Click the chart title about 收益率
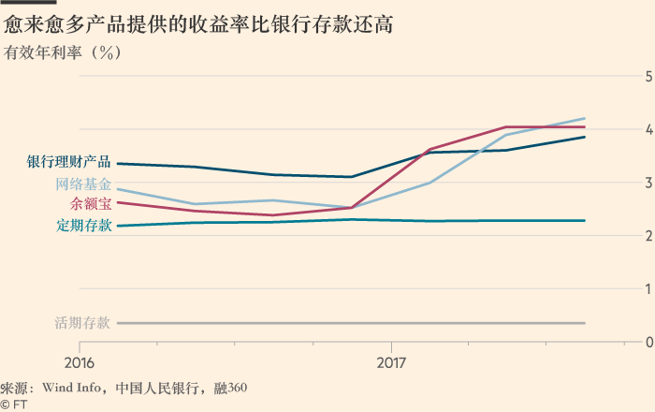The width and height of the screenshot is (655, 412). pyautogui.click(x=198, y=25)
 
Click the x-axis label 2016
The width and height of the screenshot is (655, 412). pyautogui.click(x=80, y=362)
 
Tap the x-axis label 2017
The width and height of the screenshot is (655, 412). pyautogui.click(x=391, y=362)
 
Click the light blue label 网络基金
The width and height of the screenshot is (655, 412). pyautogui.click(x=83, y=184)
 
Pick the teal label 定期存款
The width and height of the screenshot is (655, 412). pyautogui.click(x=83, y=225)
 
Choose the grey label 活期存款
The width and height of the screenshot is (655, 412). pyautogui.click(x=83, y=323)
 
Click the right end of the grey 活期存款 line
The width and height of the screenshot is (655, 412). pyautogui.click(x=585, y=323)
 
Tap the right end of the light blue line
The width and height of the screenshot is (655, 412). pyautogui.click(x=585, y=119)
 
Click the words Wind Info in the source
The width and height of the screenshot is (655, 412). pyautogui.click(x=70, y=388)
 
